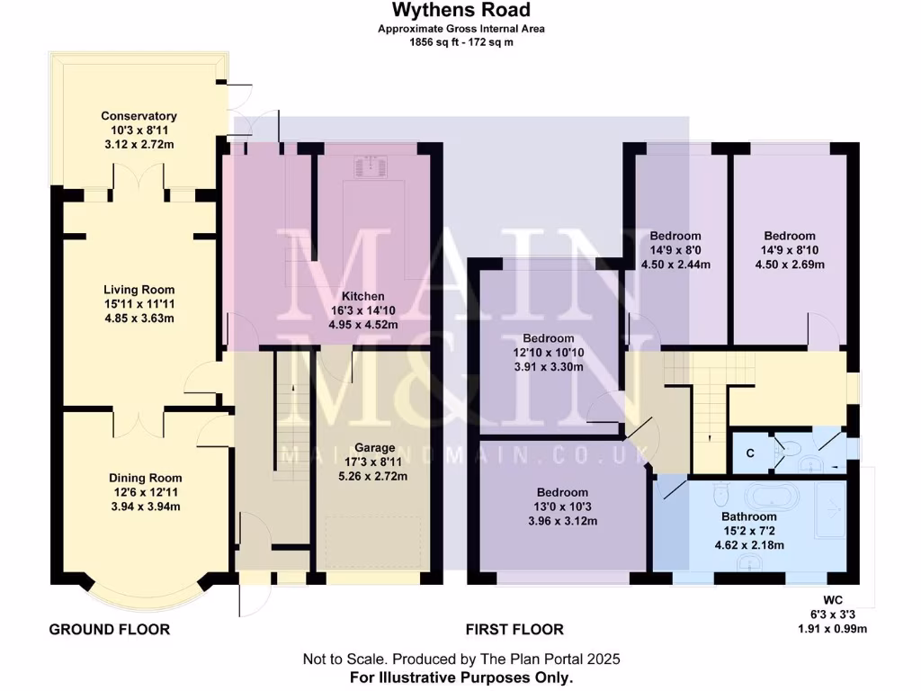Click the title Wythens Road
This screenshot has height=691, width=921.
460,11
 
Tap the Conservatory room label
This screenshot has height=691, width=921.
139,116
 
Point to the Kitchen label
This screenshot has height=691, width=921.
362,296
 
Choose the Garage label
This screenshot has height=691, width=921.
375,447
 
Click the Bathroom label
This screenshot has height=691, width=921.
748,516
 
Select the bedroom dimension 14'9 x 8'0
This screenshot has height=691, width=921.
675,251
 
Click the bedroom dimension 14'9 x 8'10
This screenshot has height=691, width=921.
790,251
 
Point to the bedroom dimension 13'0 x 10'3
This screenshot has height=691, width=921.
562,507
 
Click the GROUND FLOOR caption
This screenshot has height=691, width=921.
109,630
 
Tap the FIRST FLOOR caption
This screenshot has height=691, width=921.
514,630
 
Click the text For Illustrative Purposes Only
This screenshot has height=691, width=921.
460,677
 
